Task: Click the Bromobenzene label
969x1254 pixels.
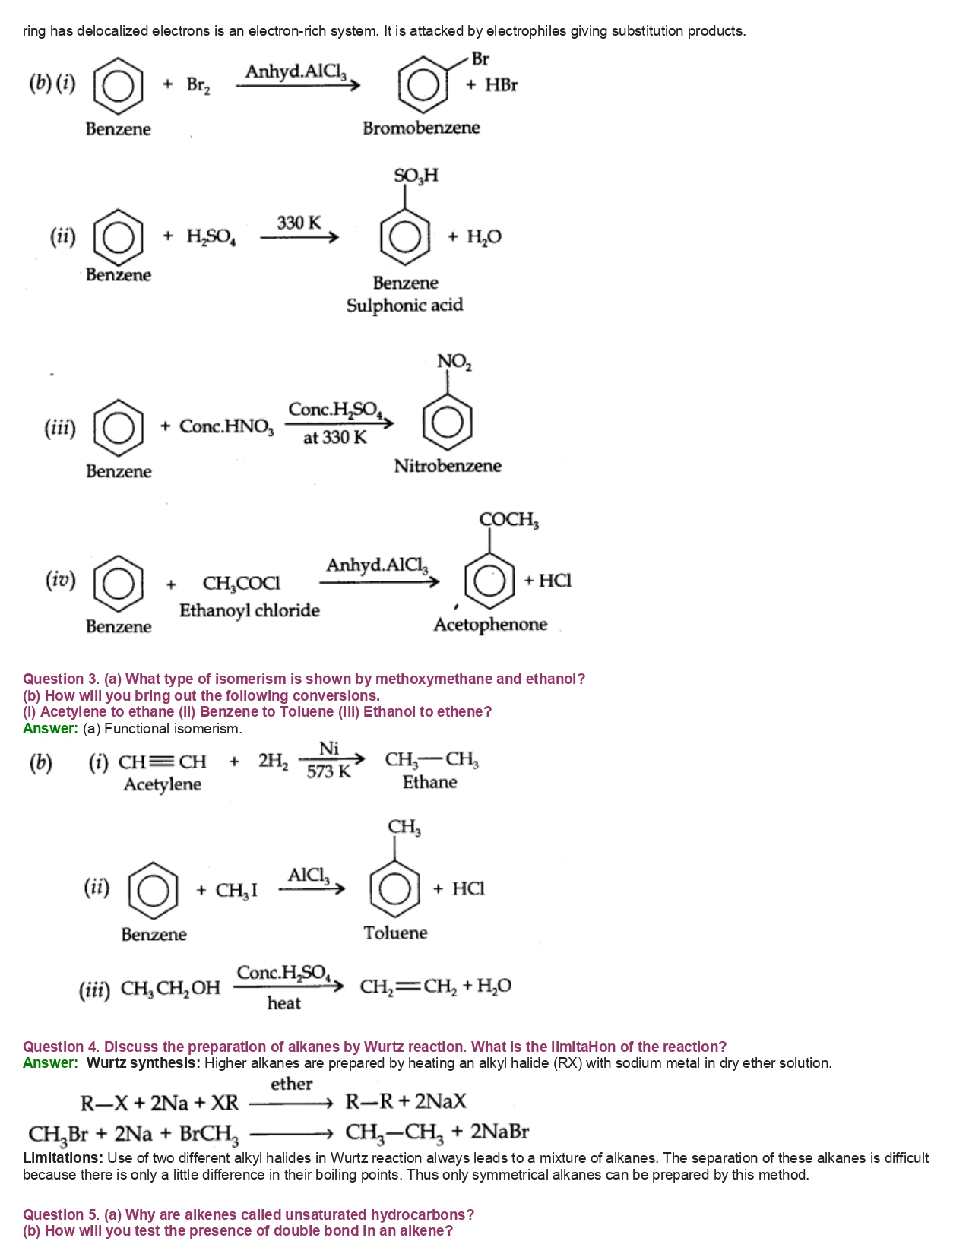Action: point(421,128)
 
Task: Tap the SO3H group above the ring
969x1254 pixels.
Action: point(416,176)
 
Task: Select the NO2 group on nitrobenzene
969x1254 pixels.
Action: point(454,362)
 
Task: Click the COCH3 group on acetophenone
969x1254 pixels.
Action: point(508,520)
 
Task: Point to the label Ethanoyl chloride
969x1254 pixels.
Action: point(249,610)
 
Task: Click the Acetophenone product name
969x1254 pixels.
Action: point(490,625)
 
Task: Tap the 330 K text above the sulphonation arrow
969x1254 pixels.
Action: point(299,223)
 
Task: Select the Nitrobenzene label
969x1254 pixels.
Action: point(448,466)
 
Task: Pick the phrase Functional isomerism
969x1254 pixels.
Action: point(173,729)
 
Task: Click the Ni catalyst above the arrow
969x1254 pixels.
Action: point(328,749)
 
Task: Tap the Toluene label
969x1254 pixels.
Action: point(395,933)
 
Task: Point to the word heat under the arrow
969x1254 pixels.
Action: point(283,1003)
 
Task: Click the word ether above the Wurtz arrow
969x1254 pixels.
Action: point(291,1084)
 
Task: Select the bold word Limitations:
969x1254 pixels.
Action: point(63,1157)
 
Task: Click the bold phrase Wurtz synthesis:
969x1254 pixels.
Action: point(144,1062)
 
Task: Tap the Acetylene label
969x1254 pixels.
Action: point(163,784)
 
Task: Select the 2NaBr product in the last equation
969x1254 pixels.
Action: point(499,1132)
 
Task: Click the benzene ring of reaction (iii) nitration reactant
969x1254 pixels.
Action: point(119,427)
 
